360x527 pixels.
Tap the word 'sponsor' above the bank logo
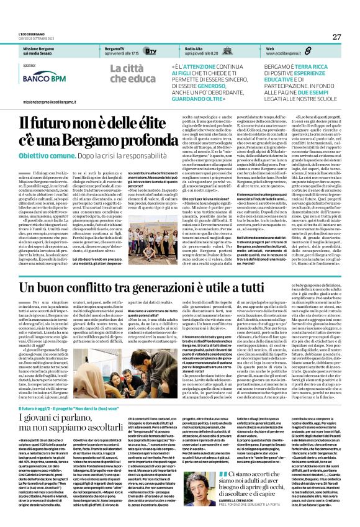click(28, 64)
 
